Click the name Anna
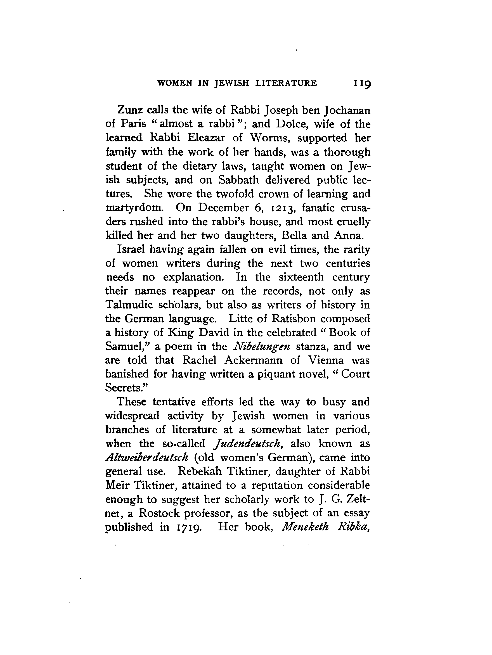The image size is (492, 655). coord(348,235)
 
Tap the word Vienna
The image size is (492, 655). coord(326,360)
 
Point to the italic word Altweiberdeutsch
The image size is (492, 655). coord(147,458)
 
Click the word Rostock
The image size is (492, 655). coord(159,513)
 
